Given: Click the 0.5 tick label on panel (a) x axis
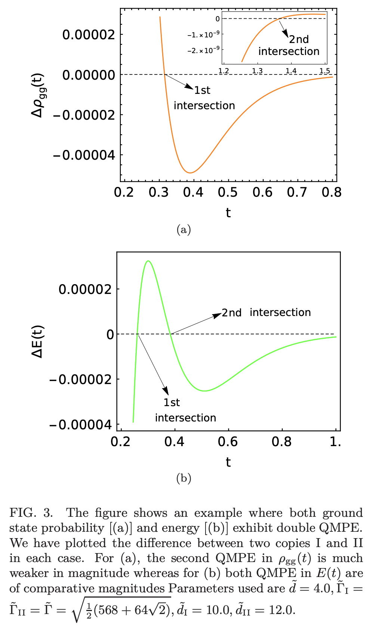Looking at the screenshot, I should click(x=228, y=193).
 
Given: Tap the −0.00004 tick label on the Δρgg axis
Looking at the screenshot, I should click(x=84, y=155).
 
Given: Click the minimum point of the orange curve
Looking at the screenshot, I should click(x=190, y=173).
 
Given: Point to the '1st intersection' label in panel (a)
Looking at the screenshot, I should click(x=204, y=98).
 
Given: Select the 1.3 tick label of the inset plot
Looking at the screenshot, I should click(x=257, y=71).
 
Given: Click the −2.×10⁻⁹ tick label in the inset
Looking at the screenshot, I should click(x=203, y=50).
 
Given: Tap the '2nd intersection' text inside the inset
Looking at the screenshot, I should click(x=289, y=46).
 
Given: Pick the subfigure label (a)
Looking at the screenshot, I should click(x=184, y=229).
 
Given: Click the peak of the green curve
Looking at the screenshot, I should click(x=148, y=261).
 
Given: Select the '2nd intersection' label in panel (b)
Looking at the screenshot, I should click(x=266, y=313).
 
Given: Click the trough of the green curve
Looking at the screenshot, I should click(x=204, y=391).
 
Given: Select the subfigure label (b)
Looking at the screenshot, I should click(x=184, y=478).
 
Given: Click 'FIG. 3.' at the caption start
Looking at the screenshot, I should click(x=31, y=513).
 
